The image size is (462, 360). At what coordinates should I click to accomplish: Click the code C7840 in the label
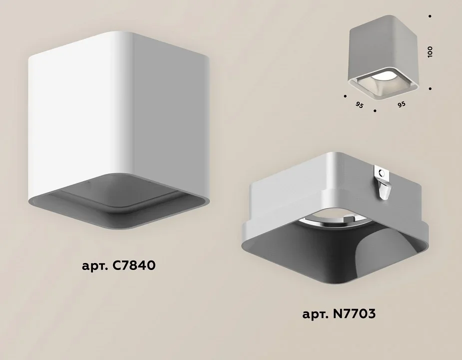134,265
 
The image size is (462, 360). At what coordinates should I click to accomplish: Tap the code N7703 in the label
354,313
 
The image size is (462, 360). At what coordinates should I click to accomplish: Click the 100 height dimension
430,51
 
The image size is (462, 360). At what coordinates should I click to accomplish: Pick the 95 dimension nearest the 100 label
401,104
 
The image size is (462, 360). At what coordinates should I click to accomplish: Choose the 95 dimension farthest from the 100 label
360,105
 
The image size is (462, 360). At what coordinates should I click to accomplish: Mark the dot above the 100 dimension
430,16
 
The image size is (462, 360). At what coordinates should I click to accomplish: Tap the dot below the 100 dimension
431,88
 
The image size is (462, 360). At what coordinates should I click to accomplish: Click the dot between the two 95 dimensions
375,111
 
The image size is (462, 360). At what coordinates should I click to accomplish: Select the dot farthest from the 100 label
345,96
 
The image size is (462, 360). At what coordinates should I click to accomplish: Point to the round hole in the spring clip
382,173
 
